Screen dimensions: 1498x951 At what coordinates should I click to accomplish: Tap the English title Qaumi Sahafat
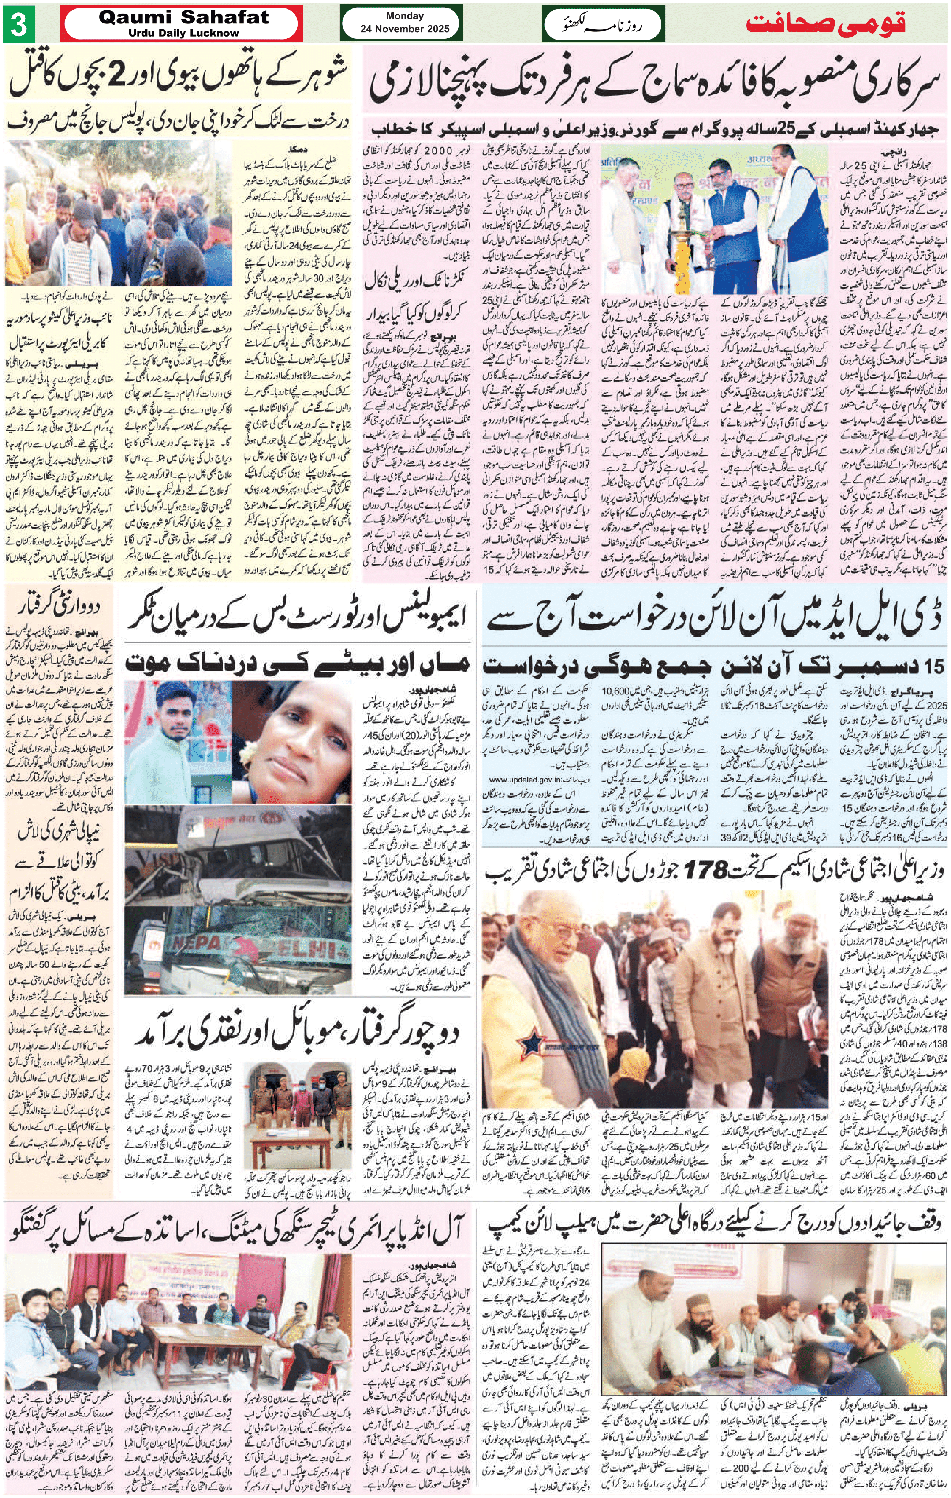coord(184,17)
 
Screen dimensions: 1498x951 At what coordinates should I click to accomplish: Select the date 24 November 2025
coord(404,29)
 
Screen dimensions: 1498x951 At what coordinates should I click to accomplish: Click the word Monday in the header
coord(404,16)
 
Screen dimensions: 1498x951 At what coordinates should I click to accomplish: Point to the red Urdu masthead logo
coord(825,24)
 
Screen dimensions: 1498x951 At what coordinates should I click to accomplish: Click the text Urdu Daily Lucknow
coord(184,33)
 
